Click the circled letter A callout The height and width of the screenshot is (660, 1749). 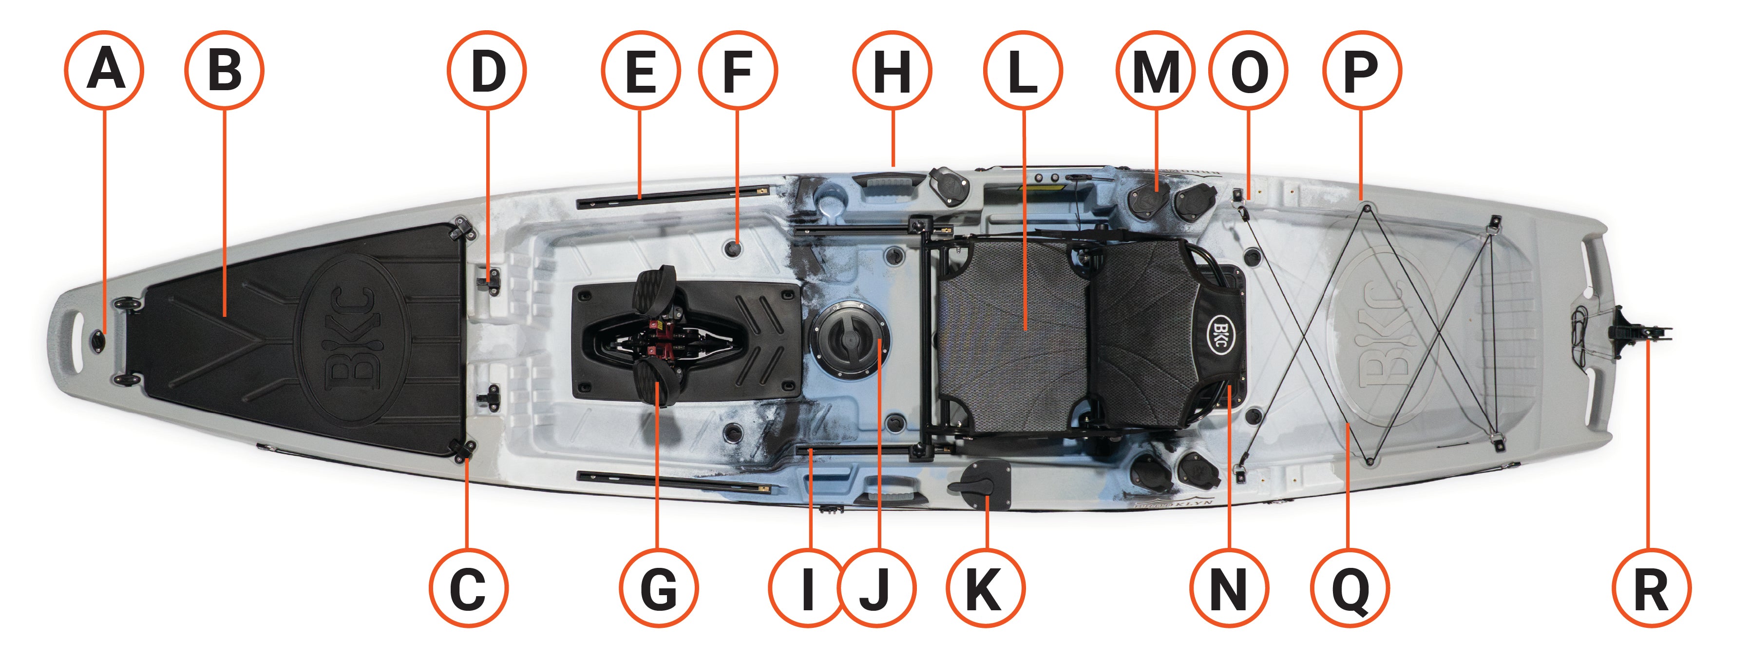click(104, 69)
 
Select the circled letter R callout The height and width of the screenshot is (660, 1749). click(1651, 588)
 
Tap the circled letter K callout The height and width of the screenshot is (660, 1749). click(985, 588)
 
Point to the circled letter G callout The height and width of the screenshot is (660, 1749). click(659, 588)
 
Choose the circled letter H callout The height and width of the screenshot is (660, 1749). click(892, 69)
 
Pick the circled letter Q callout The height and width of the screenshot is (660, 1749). click(1350, 588)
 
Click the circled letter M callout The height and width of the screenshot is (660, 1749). click(1156, 69)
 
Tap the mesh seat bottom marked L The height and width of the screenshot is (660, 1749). click(1012, 333)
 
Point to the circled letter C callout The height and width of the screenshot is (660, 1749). click(469, 588)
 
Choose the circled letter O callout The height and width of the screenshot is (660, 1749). click(1248, 69)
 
